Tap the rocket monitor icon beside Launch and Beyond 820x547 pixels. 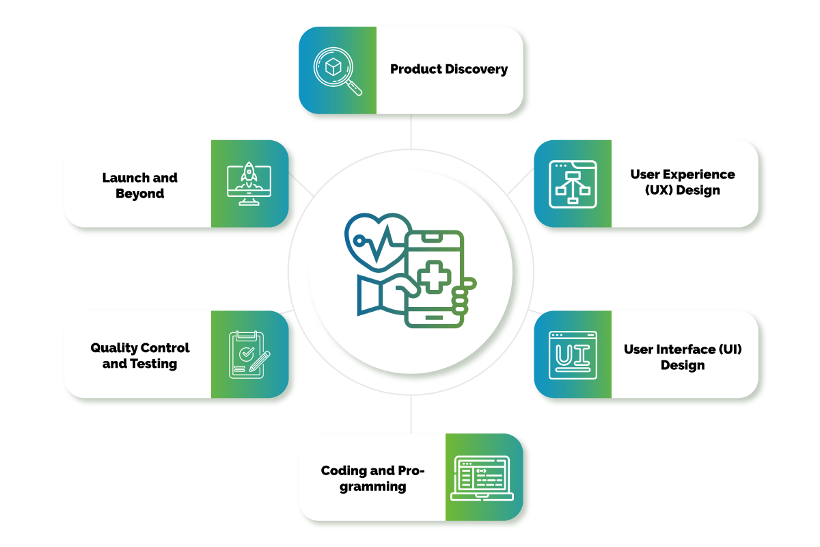point(249,184)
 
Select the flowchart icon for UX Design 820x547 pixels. point(573,184)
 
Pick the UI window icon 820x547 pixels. point(573,355)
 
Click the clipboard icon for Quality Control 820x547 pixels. point(249,355)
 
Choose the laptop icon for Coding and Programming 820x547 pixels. point(484,477)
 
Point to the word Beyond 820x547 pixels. point(140,194)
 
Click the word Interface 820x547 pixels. point(687,349)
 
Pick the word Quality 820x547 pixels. point(113,348)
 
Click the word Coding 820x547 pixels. point(343,471)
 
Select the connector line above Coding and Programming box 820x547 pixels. point(411,414)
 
